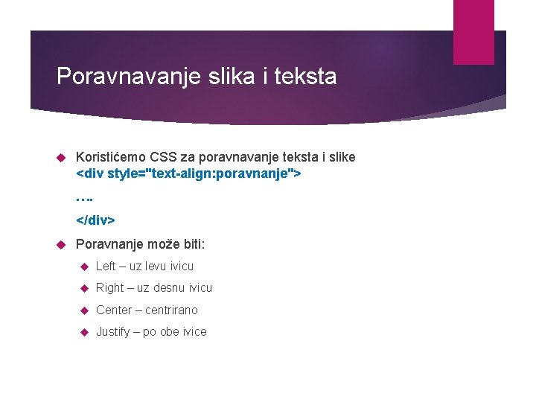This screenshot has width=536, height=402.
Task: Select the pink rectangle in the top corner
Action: pos(473,31)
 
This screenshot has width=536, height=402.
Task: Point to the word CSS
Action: pos(163,157)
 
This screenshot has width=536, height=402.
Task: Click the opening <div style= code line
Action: pos(188,174)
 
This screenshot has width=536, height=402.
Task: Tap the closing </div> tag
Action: pos(96,220)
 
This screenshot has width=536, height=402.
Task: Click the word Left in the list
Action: pos(106,266)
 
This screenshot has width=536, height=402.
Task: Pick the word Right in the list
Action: pos(109,287)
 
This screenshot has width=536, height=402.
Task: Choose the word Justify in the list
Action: pos(114,331)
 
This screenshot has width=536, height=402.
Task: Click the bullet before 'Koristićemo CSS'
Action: pos(63,158)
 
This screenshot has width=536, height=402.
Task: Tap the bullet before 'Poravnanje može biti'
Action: pos(63,245)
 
